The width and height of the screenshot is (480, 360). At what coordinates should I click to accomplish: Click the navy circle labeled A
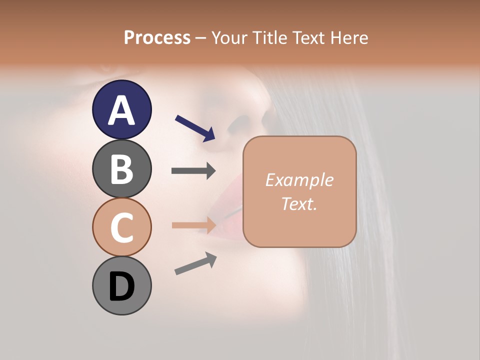point(121,109)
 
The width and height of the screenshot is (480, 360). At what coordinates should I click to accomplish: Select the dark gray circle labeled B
point(121,168)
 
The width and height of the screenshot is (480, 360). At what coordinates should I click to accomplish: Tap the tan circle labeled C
point(121,227)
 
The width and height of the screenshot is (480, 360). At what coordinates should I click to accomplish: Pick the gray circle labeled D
point(121,286)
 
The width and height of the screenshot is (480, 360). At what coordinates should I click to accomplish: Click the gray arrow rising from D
point(195,263)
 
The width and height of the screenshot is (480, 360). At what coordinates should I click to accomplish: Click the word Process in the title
point(157,37)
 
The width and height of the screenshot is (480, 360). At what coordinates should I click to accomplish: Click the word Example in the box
point(299,180)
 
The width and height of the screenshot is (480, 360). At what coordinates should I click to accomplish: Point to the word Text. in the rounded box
point(299,203)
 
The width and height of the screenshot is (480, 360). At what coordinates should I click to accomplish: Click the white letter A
point(121,110)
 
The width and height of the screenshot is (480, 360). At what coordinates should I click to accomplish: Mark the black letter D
point(121,287)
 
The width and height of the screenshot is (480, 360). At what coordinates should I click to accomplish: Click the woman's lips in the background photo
point(220,210)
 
